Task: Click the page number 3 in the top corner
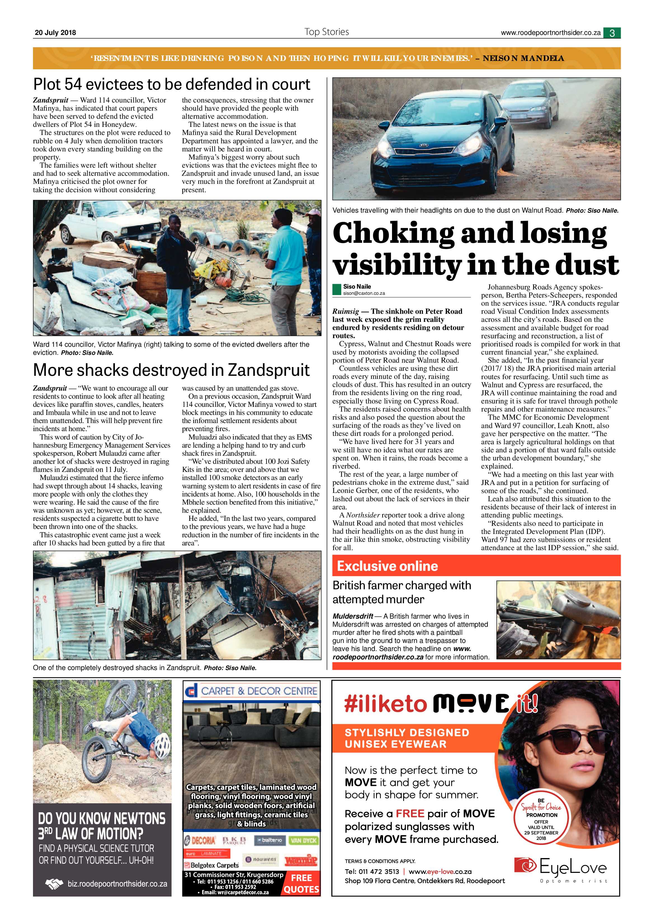pyautogui.click(x=612, y=33)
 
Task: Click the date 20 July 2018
pyautogui.click(x=55, y=33)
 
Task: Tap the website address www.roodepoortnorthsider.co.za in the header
pyautogui.click(x=551, y=33)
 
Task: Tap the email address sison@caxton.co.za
pyautogui.click(x=364, y=293)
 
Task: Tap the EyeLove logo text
pyautogui.click(x=572, y=868)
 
